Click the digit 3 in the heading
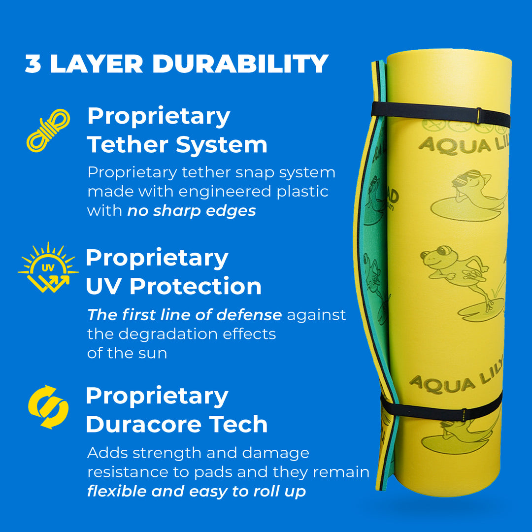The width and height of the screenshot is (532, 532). [x=33, y=65]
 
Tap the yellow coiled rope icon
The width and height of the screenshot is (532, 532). [x=48, y=130]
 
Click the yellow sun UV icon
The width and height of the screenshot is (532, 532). [x=48, y=268]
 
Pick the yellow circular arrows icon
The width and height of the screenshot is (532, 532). [x=48, y=406]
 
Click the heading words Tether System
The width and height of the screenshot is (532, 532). [x=177, y=145]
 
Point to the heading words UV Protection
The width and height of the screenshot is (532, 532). [x=173, y=286]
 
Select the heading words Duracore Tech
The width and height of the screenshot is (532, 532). [x=176, y=425]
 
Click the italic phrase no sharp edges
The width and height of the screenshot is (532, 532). [x=192, y=211]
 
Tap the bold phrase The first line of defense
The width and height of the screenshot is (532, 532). [x=184, y=314]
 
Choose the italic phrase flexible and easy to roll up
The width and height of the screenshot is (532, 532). [x=196, y=491]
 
